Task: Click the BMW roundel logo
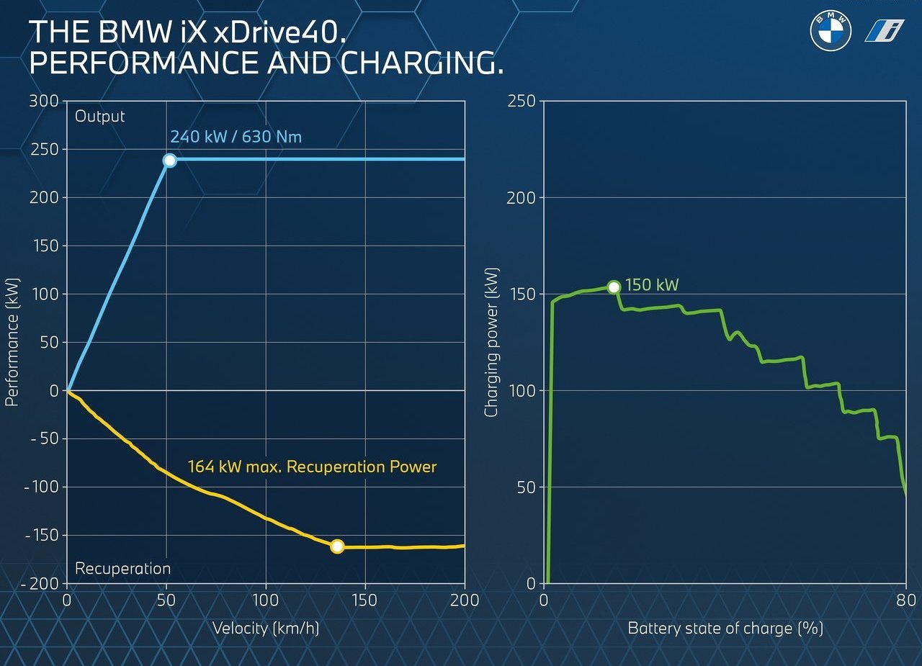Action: click(831, 31)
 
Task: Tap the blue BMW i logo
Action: click(884, 31)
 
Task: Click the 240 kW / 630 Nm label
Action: click(236, 137)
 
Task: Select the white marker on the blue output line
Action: click(169, 160)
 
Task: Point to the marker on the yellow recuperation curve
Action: click(337, 546)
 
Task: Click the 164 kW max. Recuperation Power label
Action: click(312, 467)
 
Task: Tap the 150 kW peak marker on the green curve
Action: click(614, 287)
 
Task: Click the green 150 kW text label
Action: click(652, 284)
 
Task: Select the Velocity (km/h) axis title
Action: click(266, 628)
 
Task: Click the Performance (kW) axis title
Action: click(12, 342)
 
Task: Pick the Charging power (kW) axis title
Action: click(491, 342)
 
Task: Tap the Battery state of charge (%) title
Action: click(725, 628)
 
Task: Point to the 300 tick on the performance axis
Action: click(44, 102)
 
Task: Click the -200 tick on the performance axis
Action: click(43, 584)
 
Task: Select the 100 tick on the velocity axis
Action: click(266, 600)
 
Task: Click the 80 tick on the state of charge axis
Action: click(905, 600)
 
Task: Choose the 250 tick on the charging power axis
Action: click(521, 102)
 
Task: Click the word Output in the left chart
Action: click(99, 117)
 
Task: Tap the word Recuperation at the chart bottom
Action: click(122, 569)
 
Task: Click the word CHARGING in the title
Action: click(422, 63)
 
